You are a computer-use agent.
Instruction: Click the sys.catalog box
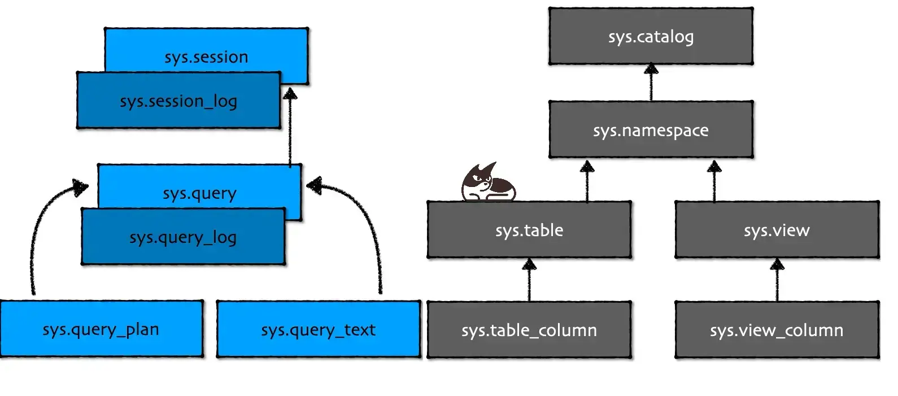tap(651, 36)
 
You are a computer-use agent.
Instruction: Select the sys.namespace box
tap(651, 130)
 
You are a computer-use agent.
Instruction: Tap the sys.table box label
tap(529, 230)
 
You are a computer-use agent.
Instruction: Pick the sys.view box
tap(777, 230)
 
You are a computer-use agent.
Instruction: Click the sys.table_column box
tap(529, 330)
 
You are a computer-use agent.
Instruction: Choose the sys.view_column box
tap(777, 330)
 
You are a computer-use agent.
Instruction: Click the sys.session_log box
tap(178, 101)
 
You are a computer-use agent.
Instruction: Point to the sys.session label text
tap(206, 57)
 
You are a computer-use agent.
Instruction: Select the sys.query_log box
tap(183, 237)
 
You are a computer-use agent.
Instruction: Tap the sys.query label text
tap(199, 193)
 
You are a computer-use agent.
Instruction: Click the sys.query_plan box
tap(101, 329)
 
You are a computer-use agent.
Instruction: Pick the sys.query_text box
tap(318, 329)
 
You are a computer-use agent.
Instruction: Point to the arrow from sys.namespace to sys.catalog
tap(651, 83)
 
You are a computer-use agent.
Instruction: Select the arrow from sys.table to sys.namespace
tap(587, 181)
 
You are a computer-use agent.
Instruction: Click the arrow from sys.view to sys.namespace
tap(714, 181)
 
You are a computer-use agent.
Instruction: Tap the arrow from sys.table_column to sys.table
tap(529, 280)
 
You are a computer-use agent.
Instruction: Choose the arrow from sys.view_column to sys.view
tap(777, 280)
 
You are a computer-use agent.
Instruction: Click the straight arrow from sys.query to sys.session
tap(290, 127)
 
